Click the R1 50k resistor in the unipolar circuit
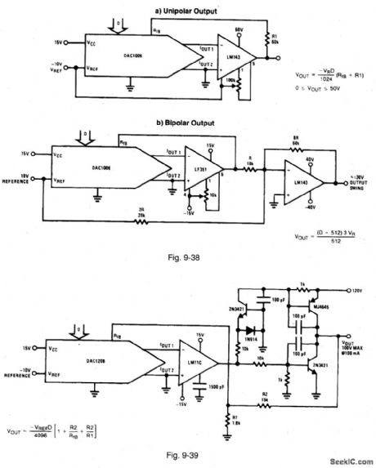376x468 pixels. coord(267,38)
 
